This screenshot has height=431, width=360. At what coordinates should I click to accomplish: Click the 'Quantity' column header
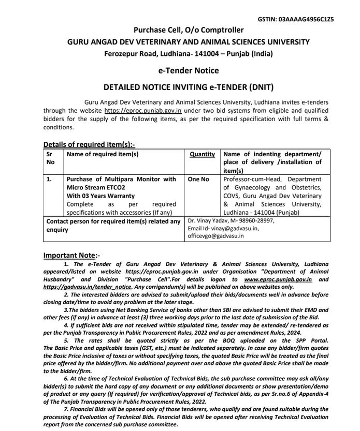[x=202, y=154]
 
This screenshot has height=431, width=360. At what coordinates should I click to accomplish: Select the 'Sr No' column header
[x=50, y=158]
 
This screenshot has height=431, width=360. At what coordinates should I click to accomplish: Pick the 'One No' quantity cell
[x=198, y=179]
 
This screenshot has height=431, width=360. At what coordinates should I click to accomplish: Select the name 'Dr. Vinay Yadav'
[x=207, y=220]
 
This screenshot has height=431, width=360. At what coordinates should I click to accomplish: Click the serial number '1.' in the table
[x=49, y=179]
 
